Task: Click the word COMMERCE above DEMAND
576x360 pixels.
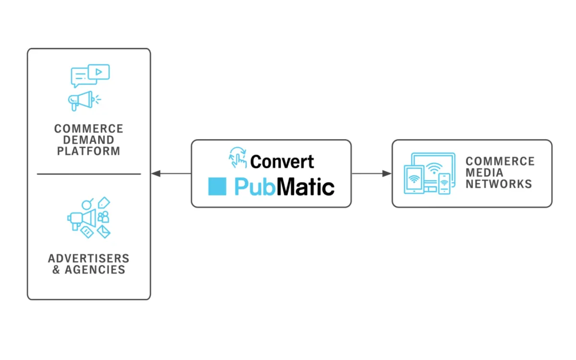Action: (88, 129)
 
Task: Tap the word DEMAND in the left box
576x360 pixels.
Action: (88, 140)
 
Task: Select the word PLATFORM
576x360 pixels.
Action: (88, 151)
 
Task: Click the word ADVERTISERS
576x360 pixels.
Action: (88, 259)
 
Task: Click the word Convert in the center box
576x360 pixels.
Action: (282, 162)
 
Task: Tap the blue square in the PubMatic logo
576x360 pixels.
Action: (217, 186)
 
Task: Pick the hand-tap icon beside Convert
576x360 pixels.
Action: (238, 157)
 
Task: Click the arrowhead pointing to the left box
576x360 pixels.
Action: (156, 173)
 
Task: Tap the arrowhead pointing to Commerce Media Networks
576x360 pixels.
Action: (387, 173)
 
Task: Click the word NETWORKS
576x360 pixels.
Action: (499, 183)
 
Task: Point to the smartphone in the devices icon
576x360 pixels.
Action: (444, 184)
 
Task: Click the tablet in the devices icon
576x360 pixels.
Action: (414, 180)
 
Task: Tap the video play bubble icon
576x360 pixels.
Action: (99, 72)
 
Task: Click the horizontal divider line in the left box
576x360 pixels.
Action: (89, 174)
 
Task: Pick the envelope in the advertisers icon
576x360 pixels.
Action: (104, 231)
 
